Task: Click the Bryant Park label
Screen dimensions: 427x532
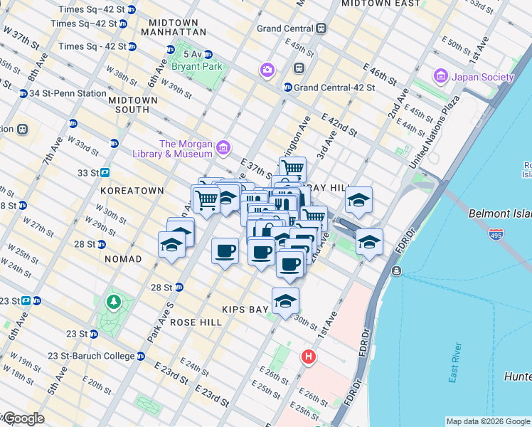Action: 196,66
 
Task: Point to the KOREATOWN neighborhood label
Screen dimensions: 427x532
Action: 132,191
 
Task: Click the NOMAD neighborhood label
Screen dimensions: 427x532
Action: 122,259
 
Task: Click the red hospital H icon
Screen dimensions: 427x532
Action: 308,356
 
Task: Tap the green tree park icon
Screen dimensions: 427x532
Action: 113,302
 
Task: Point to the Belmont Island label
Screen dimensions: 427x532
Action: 500,213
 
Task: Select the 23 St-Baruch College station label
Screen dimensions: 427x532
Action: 90,356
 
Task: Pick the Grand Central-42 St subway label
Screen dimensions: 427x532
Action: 325,88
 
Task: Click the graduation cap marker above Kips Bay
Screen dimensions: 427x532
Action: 285,301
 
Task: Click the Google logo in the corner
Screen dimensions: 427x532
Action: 23,418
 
